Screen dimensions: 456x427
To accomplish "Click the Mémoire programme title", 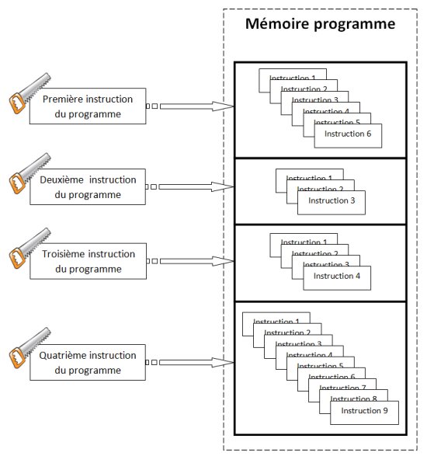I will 321,24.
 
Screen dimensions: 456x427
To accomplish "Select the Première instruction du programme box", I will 88,106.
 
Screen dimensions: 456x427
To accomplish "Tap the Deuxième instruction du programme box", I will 88,187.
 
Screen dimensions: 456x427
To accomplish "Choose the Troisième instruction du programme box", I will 88,261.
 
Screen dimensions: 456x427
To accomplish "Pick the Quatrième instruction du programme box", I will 88,363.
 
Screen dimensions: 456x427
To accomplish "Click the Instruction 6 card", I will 349,134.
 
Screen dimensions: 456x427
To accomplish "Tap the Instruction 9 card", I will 364,412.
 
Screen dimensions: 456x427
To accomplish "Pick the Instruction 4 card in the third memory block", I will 337,276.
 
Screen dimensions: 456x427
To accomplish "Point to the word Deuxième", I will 61,179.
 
